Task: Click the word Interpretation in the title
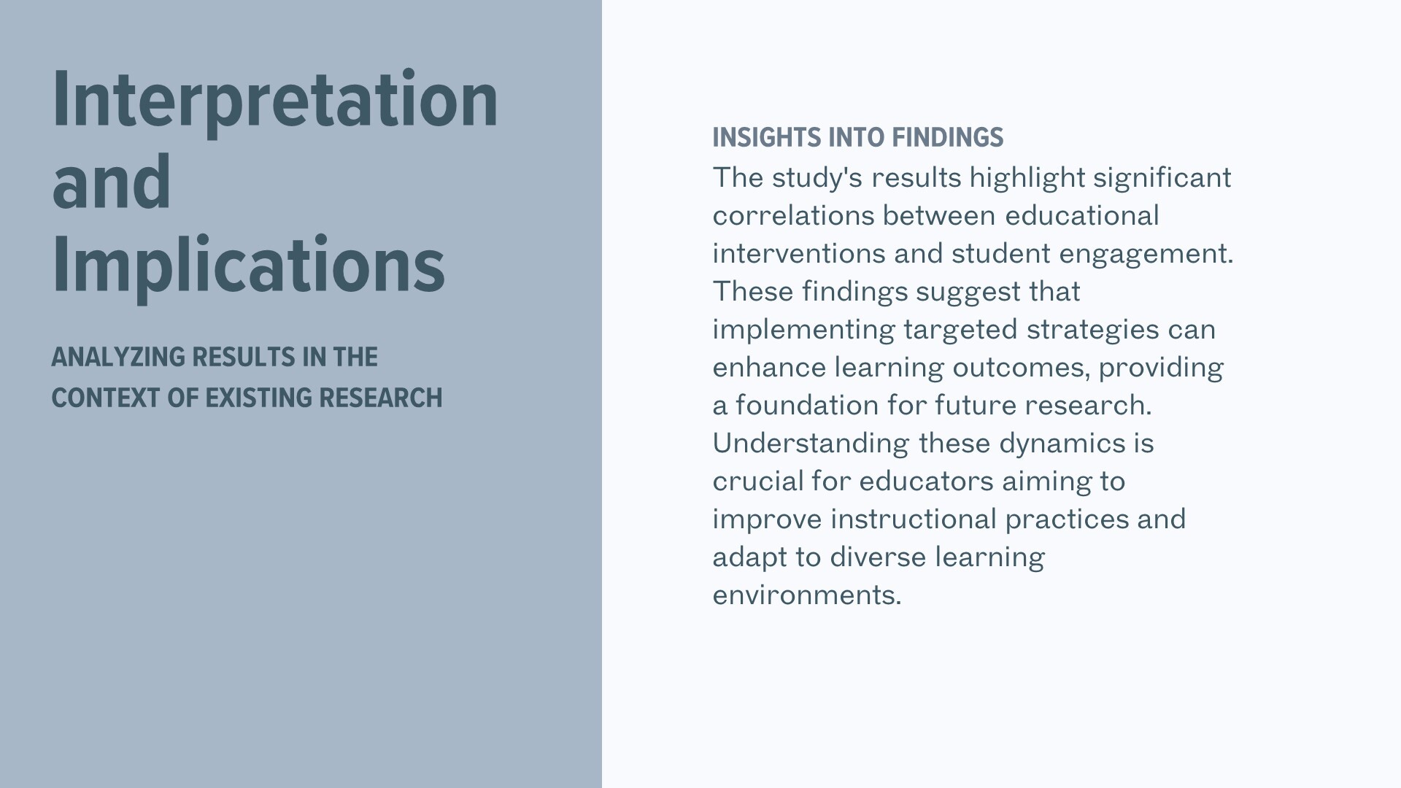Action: (275, 101)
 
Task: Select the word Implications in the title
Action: (248, 266)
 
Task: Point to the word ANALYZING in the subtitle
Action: (117, 357)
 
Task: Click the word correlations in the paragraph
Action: (793, 216)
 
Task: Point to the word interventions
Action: (799, 254)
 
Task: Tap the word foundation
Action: (807, 406)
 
